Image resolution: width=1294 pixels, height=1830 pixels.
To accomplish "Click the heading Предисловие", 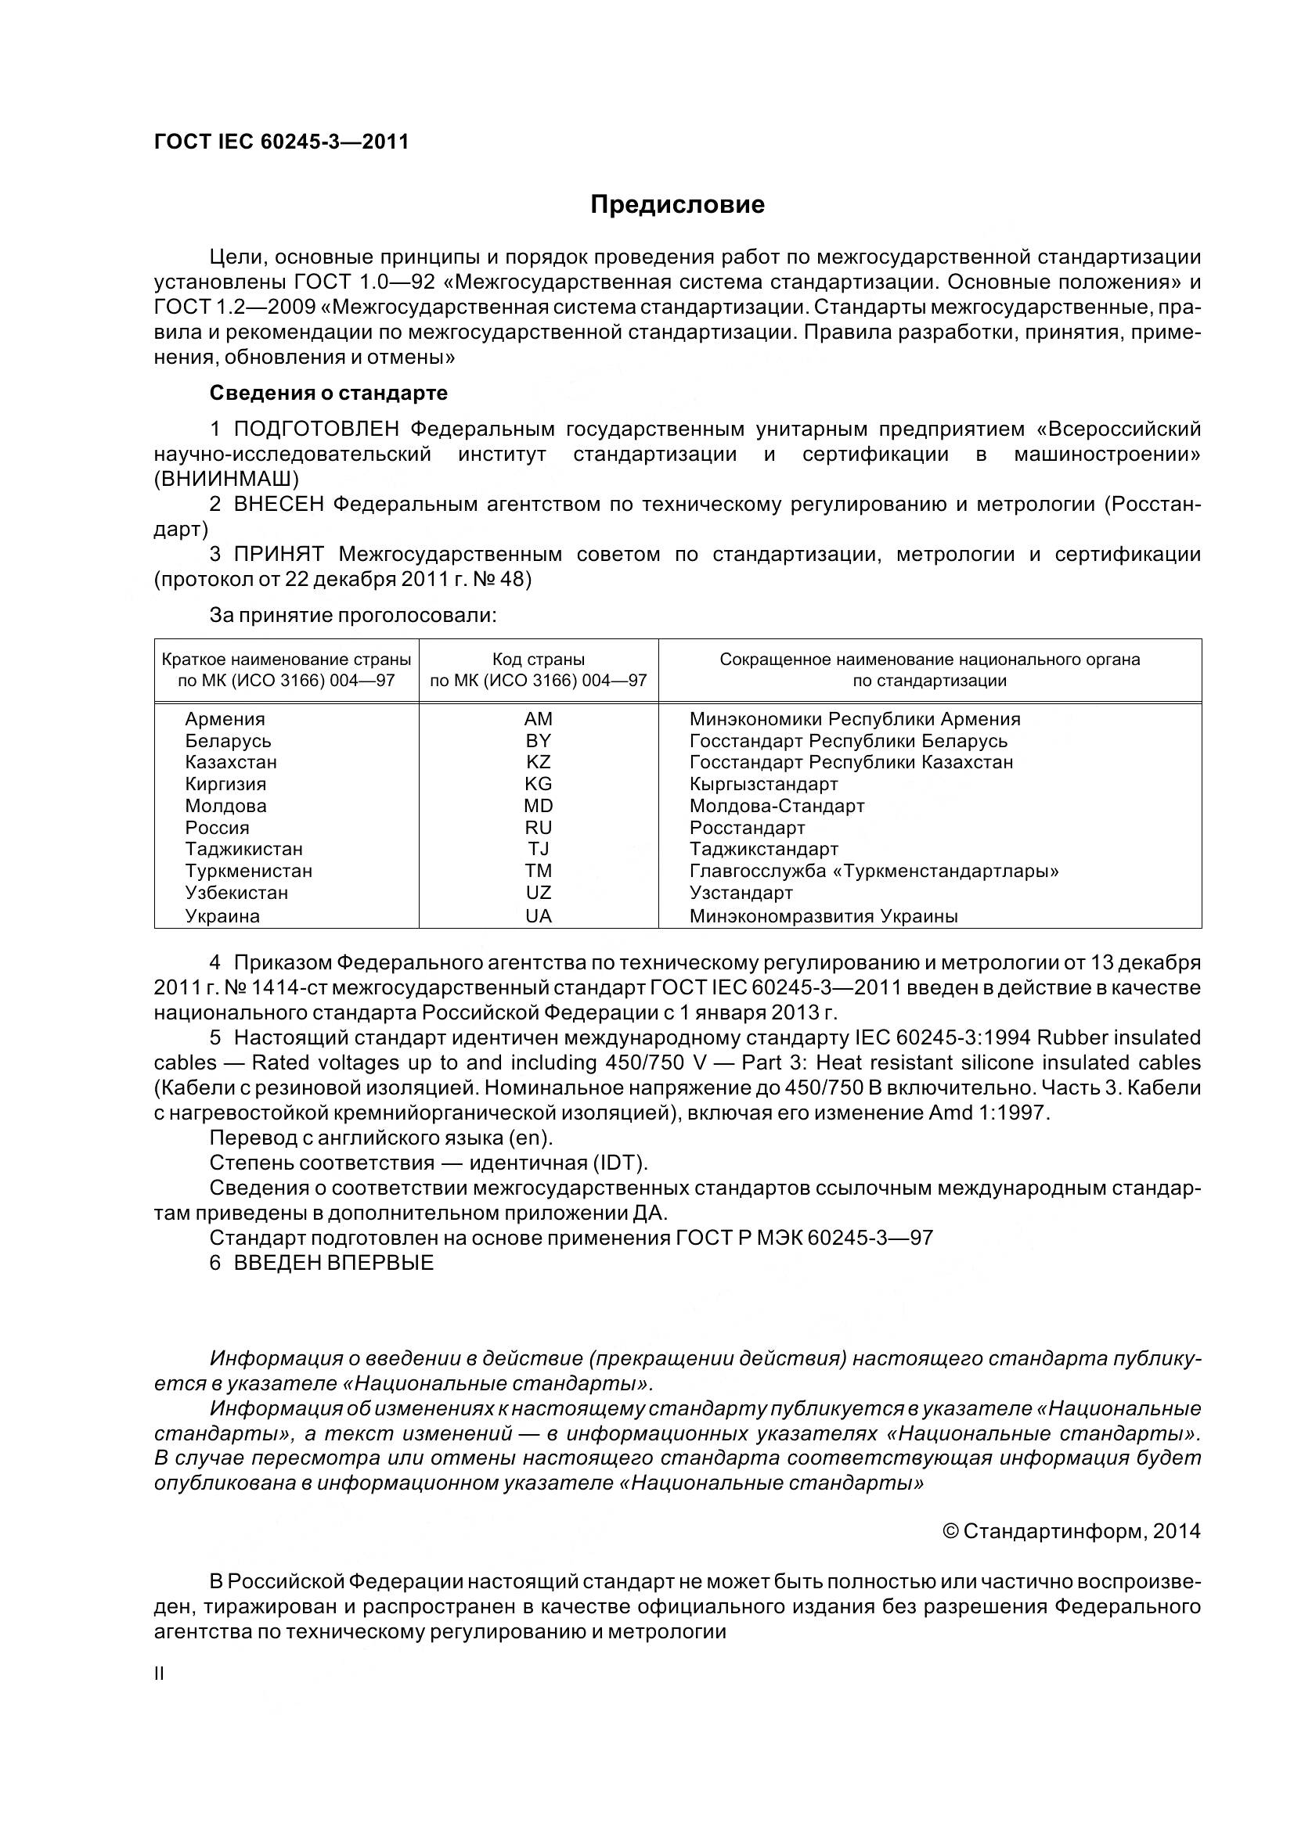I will [x=677, y=205].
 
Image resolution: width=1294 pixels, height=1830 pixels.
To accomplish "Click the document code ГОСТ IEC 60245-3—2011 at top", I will [x=282, y=142].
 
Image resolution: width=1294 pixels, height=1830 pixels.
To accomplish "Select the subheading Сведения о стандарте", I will [x=329, y=393].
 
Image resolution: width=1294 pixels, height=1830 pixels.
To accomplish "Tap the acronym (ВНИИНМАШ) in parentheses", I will [x=226, y=479].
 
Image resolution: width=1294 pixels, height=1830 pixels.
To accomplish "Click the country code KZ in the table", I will [x=538, y=762].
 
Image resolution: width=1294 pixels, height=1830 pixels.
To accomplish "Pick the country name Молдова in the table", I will [x=225, y=806].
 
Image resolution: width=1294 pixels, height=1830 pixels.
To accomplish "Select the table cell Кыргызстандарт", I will [x=763, y=784].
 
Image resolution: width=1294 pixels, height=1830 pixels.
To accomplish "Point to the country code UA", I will [x=538, y=917].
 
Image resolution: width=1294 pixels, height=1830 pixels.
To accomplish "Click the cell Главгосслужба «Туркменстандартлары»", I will [x=873, y=871].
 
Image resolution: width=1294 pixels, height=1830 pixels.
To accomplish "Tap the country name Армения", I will [x=225, y=719].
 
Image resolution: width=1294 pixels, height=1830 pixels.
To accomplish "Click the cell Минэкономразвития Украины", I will [x=823, y=917].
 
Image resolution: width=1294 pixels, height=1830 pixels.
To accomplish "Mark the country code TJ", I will [x=538, y=849].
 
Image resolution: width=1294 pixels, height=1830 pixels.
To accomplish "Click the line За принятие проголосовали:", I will [x=353, y=615].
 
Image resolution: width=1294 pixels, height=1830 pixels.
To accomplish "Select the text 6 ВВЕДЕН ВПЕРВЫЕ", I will [x=321, y=1264].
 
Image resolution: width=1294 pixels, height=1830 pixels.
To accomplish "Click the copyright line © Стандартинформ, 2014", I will [x=1071, y=1532].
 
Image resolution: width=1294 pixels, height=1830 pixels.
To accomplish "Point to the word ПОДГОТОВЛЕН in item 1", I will [x=316, y=430].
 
